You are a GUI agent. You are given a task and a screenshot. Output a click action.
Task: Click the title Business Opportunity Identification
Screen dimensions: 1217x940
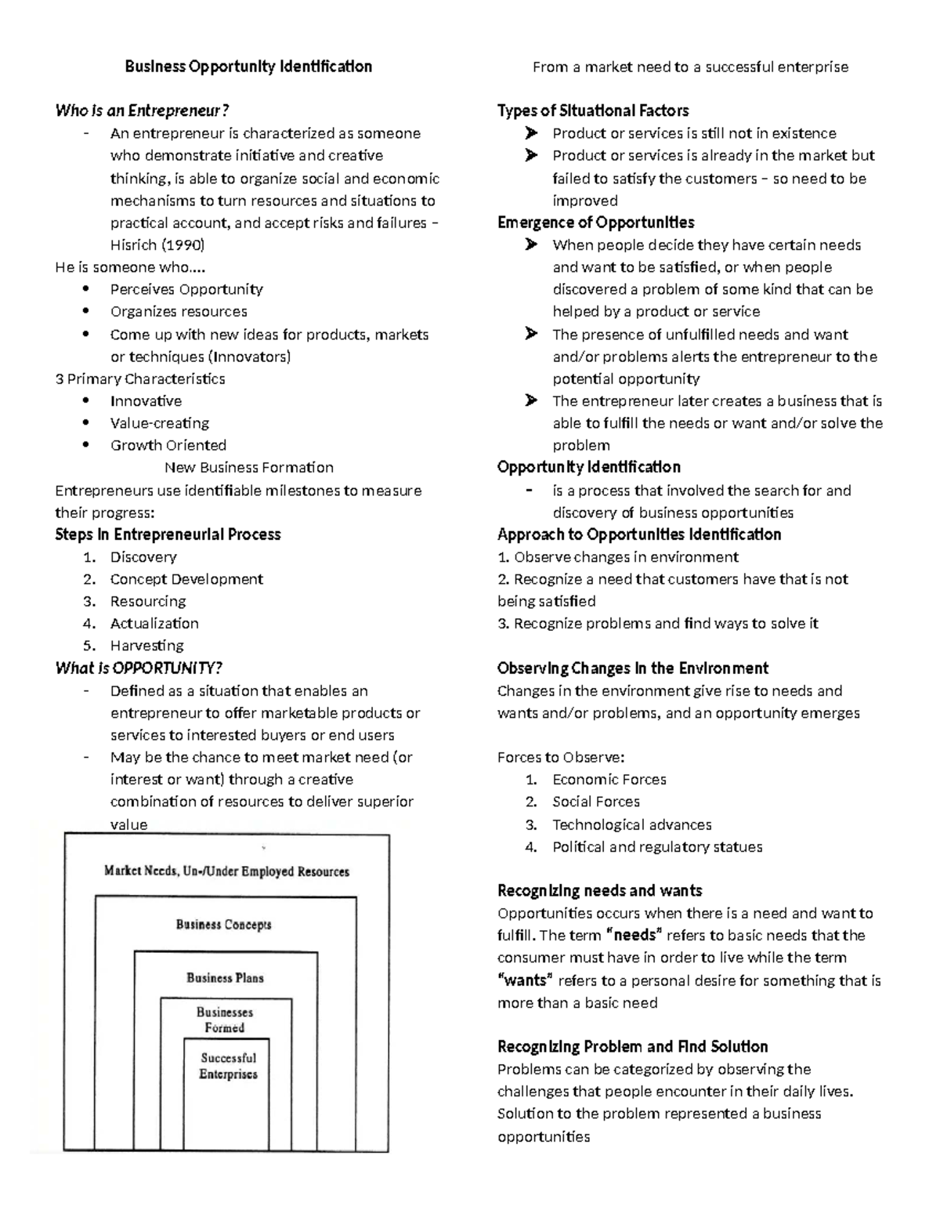click(x=248, y=67)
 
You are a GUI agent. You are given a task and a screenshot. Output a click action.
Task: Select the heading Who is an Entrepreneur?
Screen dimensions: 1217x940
click(x=142, y=110)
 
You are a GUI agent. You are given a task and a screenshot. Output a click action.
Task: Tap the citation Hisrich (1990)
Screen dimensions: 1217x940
click(x=157, y=244)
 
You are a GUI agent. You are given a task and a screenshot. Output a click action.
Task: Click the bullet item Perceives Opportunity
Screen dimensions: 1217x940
click(x=186, y=289)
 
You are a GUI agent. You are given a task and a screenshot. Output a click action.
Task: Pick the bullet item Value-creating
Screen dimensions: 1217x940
click(x=160, y=423)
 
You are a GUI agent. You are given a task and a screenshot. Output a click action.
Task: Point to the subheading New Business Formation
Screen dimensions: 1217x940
click(x=249, y=468)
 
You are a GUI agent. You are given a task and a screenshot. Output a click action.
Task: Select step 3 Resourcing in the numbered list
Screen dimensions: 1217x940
click(x=148, y=601)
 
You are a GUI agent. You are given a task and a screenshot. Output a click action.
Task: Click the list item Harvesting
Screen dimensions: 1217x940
click(x=147, y=646)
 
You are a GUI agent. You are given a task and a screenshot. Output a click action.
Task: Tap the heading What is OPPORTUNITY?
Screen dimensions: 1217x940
click(x=139, y=668)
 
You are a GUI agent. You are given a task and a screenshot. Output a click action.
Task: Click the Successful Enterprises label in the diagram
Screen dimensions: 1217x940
click(x=228, y=1066)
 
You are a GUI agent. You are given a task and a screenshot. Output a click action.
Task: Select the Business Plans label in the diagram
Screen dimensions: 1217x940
click(x=225, y=977)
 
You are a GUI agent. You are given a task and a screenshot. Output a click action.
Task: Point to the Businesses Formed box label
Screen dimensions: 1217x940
click(x=225, y=1020)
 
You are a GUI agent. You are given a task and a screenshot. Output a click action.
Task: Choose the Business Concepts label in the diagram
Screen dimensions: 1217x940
click(x=224, y=924)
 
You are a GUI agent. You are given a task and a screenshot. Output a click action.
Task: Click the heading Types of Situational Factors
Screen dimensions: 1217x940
click(x=593, y=110)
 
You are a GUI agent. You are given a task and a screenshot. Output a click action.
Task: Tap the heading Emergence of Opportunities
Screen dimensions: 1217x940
click(x=595, y=223)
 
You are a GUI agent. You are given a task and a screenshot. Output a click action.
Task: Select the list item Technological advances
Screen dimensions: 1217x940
click(x=631, y=824)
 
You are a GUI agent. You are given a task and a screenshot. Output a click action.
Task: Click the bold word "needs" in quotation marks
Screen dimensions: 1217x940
click(x=635, y=935)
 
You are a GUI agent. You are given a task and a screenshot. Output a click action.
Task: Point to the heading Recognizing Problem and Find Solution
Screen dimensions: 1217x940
click(x=632, y=1047)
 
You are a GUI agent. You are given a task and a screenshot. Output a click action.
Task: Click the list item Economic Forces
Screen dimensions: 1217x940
click(x=609, y=780)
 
